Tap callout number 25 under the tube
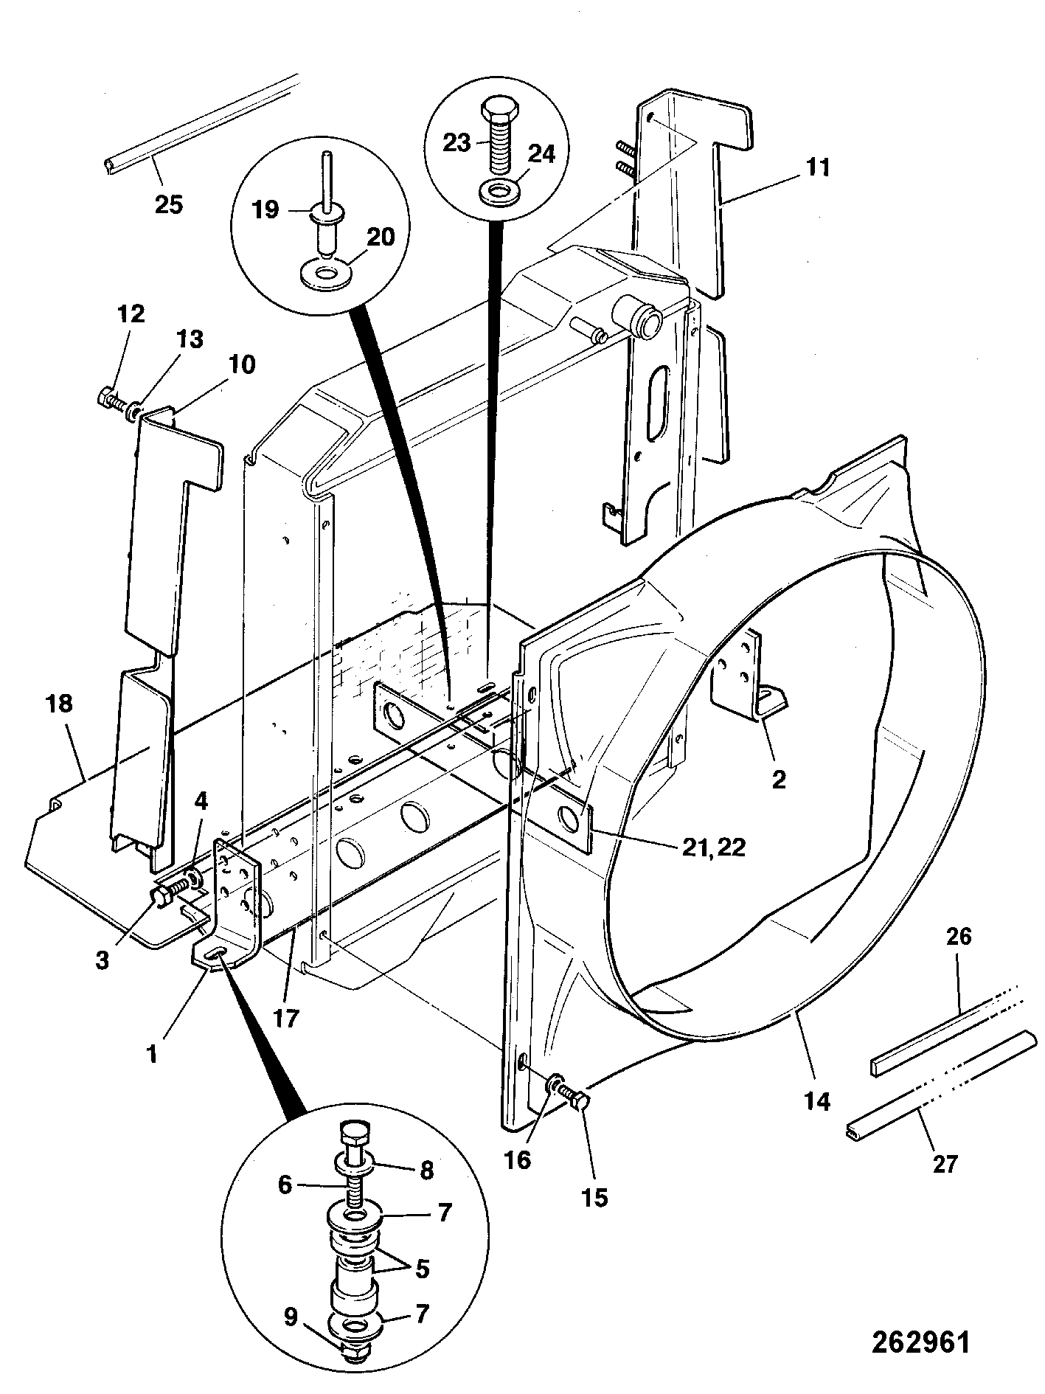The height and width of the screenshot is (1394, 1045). [x=168, y=204]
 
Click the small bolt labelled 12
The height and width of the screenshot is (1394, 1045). [x=108, y=399]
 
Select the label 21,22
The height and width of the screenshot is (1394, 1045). [x=712, y=847]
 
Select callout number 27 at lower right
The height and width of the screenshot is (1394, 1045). [x=945, y=1165]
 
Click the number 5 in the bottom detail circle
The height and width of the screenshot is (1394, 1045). [x=422, y=1269]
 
